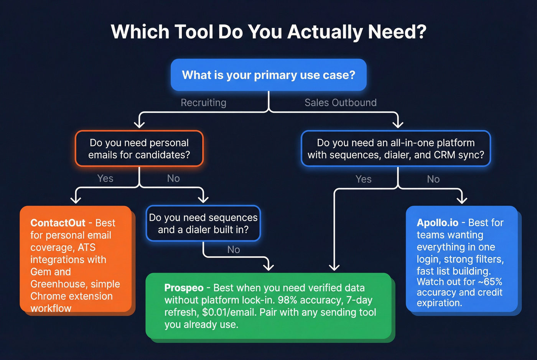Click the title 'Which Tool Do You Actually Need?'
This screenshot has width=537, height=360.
coord(268,32)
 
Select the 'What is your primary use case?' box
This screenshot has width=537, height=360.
coord(268,75)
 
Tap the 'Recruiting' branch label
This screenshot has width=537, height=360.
coord(203,103)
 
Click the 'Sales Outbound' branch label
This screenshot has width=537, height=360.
coord(340,103)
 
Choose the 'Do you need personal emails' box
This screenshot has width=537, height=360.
coord(139,149)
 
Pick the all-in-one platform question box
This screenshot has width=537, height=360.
coord(395,149)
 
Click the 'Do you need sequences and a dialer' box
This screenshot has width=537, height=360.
coord(203,224)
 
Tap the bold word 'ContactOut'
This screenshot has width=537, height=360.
coord(58,223)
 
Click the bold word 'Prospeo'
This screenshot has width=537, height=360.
coord(184,288)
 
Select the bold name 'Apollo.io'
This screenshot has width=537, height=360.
coord(437,223)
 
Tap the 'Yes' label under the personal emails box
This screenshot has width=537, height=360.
coord(105,179)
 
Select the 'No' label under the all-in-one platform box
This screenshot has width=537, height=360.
coord(433,179)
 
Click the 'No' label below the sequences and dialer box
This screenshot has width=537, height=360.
coord(233,250)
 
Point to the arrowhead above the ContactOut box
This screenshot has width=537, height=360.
coord(76,199)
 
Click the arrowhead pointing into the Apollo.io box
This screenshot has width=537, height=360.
coord(462,200)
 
